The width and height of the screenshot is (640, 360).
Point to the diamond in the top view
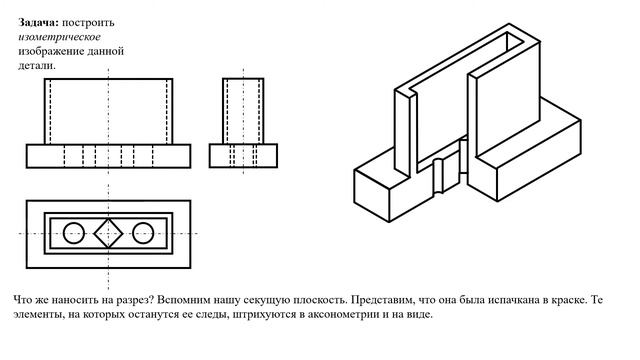coord(108,233)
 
